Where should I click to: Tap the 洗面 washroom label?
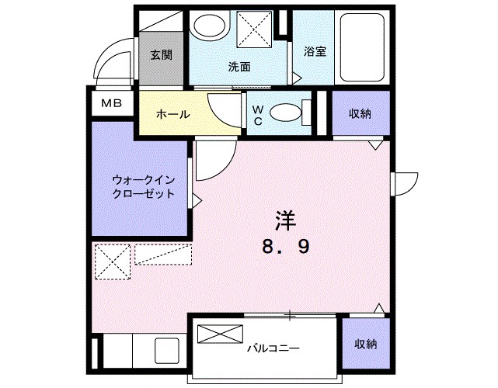click(x=239, y=67)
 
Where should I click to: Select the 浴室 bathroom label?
click(x=315, y=52)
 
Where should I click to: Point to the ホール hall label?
click(x=172, y=114)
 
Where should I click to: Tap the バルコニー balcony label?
click(x=273, y=348)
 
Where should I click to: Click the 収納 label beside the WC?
click(x=359, y=114)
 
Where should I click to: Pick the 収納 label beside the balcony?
click(x=365, y=344)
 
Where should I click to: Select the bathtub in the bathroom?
click(x=364, y=49)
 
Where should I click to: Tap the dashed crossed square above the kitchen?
click(x=112, y=262)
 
